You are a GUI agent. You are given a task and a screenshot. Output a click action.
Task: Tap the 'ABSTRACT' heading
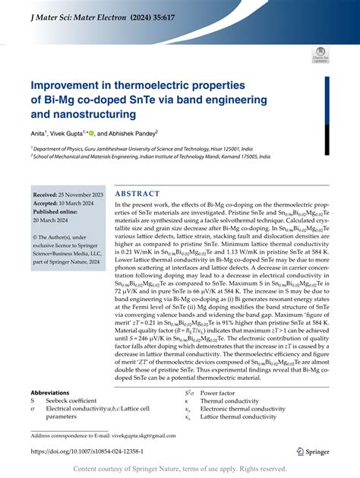click(137, 194)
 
